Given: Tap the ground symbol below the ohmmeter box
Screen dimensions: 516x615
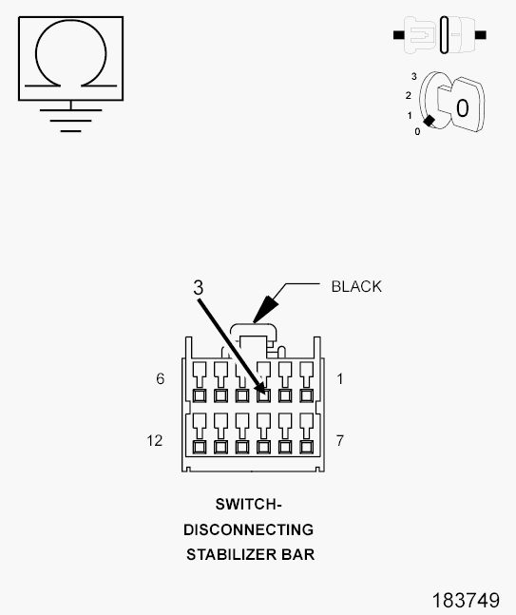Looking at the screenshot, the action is [70, 117].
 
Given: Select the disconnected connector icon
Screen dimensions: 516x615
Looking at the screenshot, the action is [440, 35].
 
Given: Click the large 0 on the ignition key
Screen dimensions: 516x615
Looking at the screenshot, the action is [462, 107].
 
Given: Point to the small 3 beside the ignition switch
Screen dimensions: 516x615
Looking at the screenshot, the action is [414, 76].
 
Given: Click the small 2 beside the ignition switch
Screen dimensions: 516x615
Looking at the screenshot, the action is [409, 95].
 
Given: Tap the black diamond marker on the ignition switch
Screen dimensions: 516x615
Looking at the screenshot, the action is [429, 121].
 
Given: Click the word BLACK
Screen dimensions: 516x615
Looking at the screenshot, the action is [356, 287].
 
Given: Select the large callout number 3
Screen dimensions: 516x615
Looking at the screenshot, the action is [199, 288].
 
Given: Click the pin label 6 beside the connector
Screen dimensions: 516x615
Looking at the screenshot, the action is [161, 378].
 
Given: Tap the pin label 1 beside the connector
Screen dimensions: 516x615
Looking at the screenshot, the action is [339, 379].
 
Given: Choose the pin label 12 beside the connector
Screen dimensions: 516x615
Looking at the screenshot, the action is [155, 441].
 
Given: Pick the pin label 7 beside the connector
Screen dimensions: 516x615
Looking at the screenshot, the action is [340, 441].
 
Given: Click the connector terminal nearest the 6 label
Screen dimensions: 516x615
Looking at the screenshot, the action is [200, 395].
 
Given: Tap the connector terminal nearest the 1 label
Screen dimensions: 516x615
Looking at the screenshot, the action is [306, 395].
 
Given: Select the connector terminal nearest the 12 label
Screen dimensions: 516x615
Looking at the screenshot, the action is [200, 447].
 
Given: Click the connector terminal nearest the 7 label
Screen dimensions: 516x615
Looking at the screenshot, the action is [306, 447].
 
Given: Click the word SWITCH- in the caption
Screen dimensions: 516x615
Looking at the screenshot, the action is [249, 505].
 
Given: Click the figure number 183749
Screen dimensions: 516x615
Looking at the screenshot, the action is [466, 601].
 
